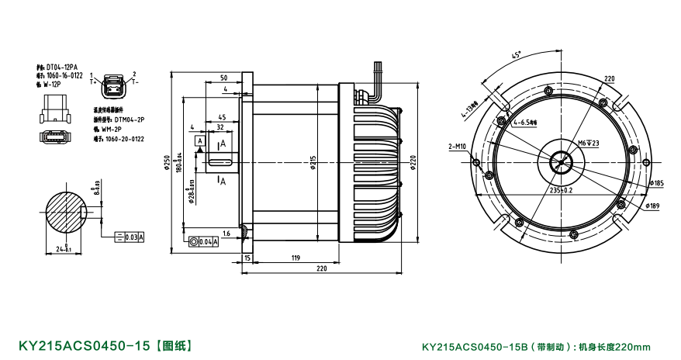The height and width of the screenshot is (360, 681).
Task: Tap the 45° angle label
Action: pyautogui.click(x=517, y=55)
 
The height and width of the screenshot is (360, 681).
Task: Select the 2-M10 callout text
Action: pyautogui.click(x=458, y=146)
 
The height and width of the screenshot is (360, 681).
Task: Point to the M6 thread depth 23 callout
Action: pyautogui.click(x=591, y=144)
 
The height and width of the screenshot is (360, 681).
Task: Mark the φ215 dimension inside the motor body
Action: pyautogui.click(x=313, y=164)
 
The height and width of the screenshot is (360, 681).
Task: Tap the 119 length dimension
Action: pyautogui.click(x=296, y=257)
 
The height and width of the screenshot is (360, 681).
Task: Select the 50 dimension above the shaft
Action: pyautogui.click(x=223, y=78)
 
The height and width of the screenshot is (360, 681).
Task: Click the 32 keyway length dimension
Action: pyautogui.click(x=220, y=126)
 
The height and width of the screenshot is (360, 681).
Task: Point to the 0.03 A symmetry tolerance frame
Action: pyautogui.click(x=130, y=237)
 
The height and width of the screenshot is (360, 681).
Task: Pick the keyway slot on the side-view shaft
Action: pyautogui.click(x=221, y=161)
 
